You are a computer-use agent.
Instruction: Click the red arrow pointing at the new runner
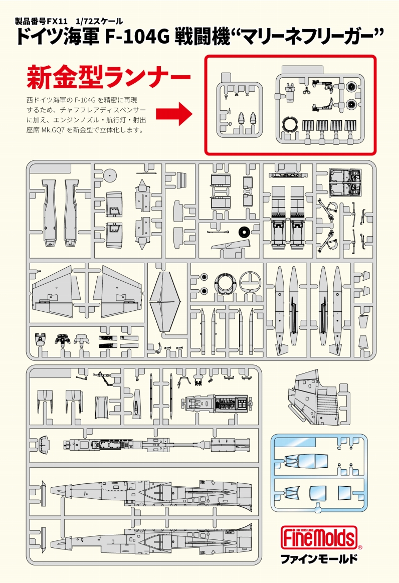tap(174, 114)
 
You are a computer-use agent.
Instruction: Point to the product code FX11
tap(58, 22)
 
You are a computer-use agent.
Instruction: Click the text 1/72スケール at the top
tap(99, 22)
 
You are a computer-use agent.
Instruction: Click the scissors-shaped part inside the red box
tap(305, 91)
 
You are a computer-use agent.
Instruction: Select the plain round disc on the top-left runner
tap(111, 175)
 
